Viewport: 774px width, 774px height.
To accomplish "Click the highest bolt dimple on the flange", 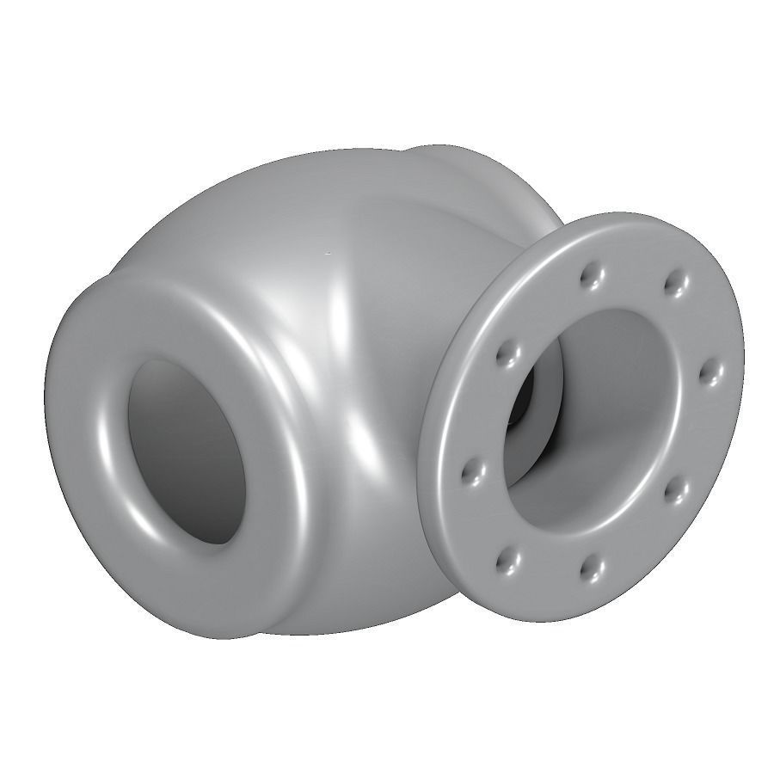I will coord(590,275).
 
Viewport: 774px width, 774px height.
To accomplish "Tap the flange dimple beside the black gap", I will coord(505,352).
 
